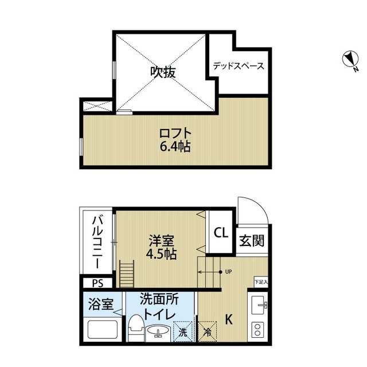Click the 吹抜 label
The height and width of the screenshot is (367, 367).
(163, 72)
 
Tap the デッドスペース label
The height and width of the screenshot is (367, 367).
(239, 66)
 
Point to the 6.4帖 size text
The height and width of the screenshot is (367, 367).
(175, 147)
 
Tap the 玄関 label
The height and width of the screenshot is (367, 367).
(252, 241)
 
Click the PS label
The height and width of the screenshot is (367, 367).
(97, 283)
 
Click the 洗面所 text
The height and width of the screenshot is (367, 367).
(159, 300)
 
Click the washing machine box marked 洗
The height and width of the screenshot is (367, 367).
(182, 332)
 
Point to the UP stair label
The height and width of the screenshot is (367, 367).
(228, 271)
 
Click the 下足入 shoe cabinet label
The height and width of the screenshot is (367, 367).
(261, 282)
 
